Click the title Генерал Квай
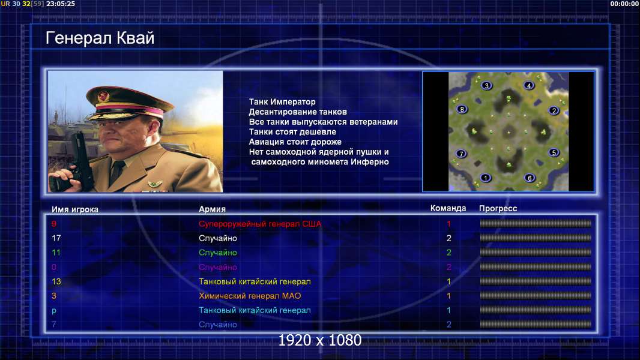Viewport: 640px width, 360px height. [100, 38]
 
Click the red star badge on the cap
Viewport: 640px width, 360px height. [103, 97]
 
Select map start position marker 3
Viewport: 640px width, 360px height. [486, 86]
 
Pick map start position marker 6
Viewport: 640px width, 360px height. [530, 178]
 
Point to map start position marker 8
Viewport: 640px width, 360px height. [462, 109]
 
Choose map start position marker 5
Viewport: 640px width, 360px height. [554, 152]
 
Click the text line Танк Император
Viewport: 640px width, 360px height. [282, 102]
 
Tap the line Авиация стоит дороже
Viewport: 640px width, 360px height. [295, 142]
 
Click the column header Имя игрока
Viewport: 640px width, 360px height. [74, 209]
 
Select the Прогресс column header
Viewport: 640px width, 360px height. [498, 209]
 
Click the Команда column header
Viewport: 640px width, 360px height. [448, 208]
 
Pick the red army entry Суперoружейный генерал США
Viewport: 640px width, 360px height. [260, 224]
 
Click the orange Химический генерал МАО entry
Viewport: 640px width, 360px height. [250, 296]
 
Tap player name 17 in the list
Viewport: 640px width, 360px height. [56, 238]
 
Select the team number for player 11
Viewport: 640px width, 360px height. [448, 253]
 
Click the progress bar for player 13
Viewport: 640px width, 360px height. [536, 281]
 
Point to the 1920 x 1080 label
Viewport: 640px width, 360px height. [320, 340]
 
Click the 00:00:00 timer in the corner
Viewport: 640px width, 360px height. [624, 4]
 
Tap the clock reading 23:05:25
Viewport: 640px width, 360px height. [61, 4]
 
